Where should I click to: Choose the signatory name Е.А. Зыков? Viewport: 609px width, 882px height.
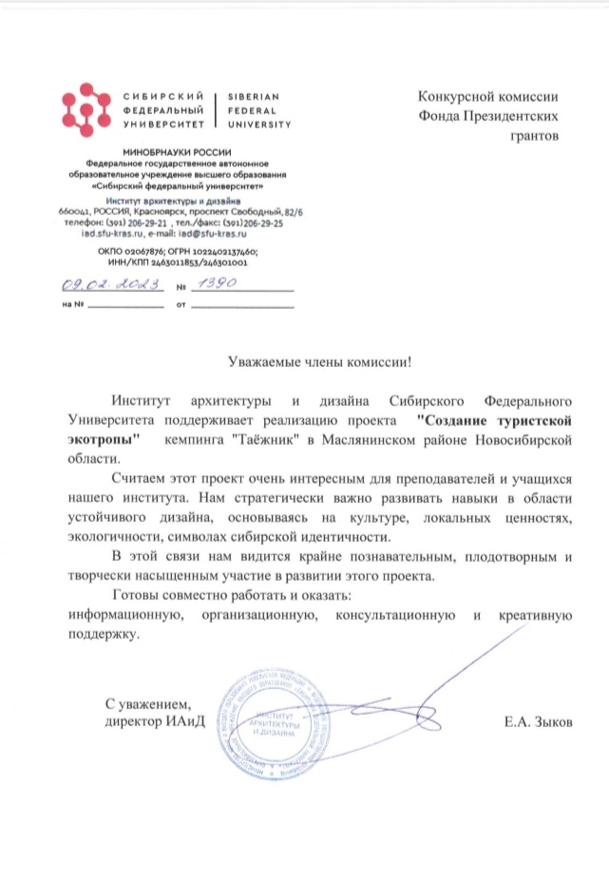[540, 723]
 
